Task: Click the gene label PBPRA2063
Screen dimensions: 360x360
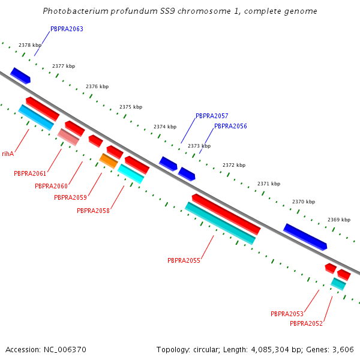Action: (67, 29)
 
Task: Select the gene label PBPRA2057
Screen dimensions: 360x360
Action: (212, 116)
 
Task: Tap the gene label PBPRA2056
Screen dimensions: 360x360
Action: (230, 126)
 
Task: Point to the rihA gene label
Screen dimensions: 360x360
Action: (8, 154)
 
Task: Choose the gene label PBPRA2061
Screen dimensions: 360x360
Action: (30, 173)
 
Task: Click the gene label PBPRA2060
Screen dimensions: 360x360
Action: (51, 186)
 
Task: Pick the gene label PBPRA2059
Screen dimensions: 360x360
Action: (70, 197)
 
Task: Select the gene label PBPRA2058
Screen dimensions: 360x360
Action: (93, 211)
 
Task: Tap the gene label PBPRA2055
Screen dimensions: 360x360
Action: (184, 260)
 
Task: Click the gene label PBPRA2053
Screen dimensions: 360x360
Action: (287, 314)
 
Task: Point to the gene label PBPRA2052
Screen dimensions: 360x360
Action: (306, 323)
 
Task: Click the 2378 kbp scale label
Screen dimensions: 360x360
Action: (30, 45)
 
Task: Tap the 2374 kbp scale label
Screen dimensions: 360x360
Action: (165, 127)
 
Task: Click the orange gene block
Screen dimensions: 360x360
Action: (109, 161)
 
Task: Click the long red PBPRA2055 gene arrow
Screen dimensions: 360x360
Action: (226, 214)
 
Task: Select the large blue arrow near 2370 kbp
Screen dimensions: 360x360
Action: (305, 237)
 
